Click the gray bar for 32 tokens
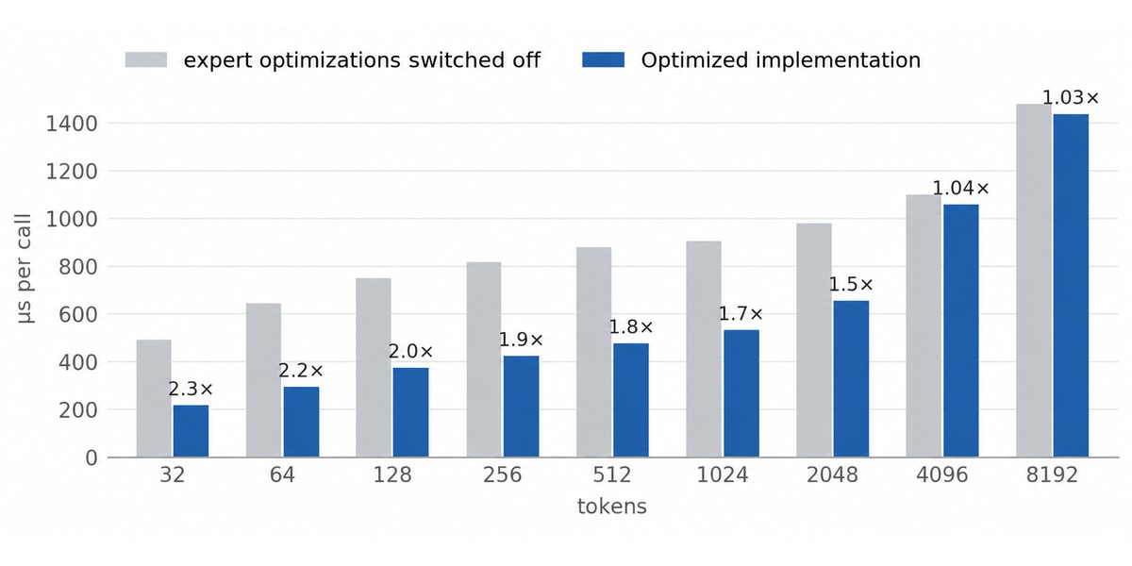tap(154, 398)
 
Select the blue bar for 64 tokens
tap(301, 422)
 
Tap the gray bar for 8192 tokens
tap(1034, 280)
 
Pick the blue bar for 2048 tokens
tap(851, 379)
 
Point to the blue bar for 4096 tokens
tap(960, 331)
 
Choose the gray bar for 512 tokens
tap(593, 352)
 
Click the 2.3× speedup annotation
tap(191, 389)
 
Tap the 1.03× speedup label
tap(1071, 97)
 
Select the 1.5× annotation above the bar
tap(851, 285)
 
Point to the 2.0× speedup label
tap(411, 352)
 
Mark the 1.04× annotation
tap(960, 189)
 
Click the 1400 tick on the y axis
tap(72, 124)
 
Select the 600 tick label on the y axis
tap(78, 314)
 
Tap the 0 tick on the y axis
tap(92, 458)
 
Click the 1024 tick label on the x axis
tap(723, 475)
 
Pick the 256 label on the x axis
tap(502, 475)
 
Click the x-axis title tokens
tap(612, 507)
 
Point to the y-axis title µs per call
tap(24, 268)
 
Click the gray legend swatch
tap(146, 59)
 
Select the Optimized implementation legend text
tap(781, 60)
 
